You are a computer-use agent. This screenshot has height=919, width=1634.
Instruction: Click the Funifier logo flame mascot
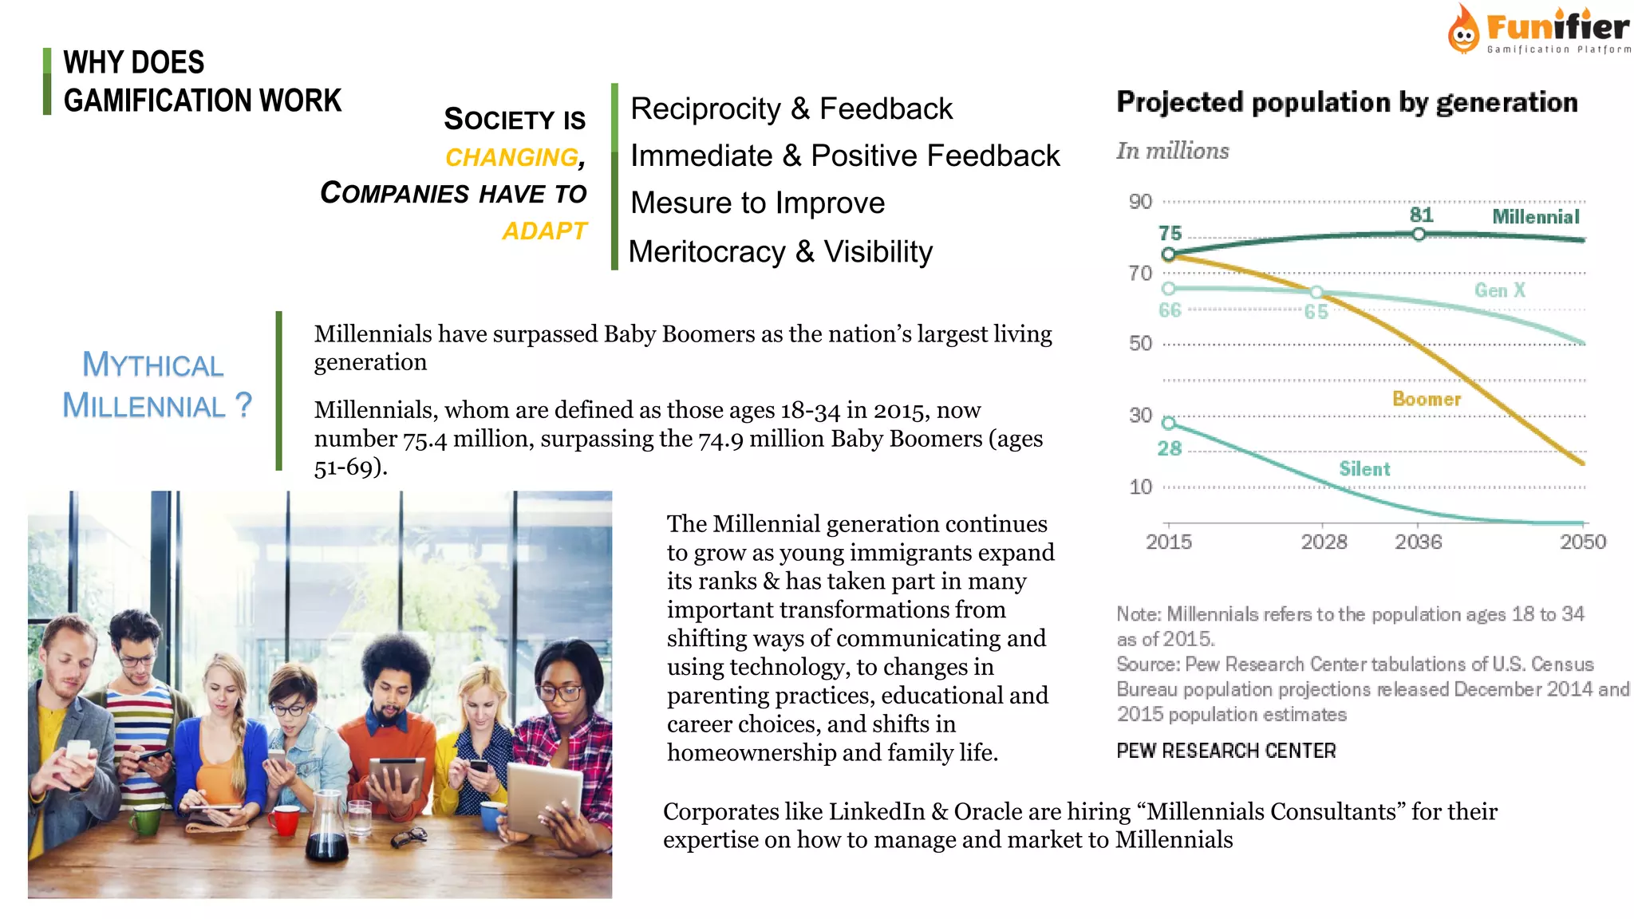point(1463,32)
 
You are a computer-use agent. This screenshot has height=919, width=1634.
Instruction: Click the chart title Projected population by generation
point(1347,102)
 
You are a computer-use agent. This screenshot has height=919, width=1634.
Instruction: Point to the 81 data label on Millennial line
point(1421,215)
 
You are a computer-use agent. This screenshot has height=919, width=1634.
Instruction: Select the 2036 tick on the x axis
point(1418,542)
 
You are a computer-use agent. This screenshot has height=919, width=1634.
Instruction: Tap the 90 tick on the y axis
point(1140,202)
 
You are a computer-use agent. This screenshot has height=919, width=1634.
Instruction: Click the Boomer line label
point(1427,399)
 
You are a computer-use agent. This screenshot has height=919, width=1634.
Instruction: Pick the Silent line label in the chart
point(1364,469)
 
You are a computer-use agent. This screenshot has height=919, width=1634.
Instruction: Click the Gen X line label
point(1499,290)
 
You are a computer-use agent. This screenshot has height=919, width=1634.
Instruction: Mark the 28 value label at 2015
point(1170,448)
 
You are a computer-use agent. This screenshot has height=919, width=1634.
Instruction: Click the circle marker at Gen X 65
point(1316,292)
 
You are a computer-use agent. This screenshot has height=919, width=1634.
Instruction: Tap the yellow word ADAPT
point(544,231)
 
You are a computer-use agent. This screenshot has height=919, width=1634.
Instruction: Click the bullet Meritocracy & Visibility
point(780,252)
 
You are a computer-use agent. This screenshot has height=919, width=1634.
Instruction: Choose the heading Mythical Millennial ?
point(156,385)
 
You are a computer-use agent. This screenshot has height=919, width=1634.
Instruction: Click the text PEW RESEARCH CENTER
point(1225,751)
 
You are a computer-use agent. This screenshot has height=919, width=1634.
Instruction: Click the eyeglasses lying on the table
point(410,837)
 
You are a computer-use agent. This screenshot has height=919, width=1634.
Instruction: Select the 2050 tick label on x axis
point(1582,542)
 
